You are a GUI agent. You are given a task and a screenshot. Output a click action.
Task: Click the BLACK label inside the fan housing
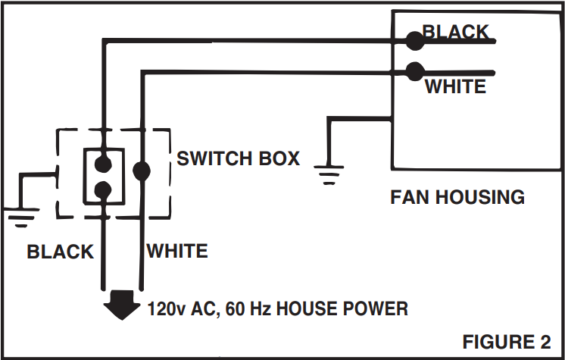[455, 32]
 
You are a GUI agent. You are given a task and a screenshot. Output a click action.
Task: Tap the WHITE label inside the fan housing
[455, 86]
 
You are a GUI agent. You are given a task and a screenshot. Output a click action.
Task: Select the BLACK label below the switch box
[60, 252]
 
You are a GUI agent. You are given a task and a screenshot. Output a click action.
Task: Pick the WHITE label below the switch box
[177, 251]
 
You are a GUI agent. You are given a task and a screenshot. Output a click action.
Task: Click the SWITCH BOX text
[238, 158]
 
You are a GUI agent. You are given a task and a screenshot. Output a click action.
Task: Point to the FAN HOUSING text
[457, 197]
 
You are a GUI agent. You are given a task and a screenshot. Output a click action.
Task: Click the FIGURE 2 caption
[507, 342]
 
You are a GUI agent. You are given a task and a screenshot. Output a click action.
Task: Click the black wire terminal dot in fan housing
[415, 41]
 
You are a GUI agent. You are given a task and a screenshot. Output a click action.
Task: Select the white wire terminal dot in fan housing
[415, 71]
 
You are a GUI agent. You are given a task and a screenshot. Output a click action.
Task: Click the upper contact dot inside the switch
[104, 164]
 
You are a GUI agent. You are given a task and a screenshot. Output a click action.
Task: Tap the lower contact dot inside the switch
[104, 190]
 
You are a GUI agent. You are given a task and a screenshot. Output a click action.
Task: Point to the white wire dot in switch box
[142, 171]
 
